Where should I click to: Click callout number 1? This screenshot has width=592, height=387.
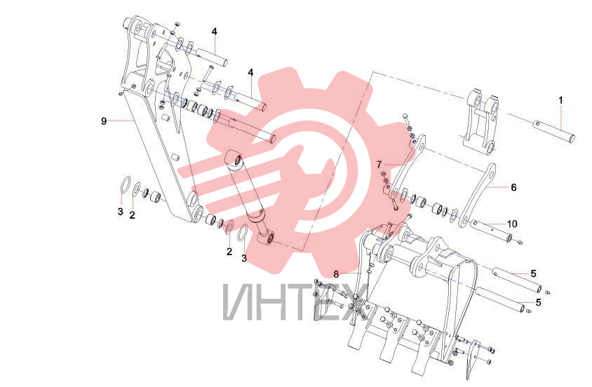click(560, 100)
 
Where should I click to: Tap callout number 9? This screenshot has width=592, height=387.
click(104, 121)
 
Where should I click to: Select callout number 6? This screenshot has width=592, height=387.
click(513, 187)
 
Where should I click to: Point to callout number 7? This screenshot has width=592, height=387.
click(379, 165)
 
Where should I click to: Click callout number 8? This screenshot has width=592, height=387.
click(336, 274)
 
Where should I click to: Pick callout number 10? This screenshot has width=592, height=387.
click(512, 224)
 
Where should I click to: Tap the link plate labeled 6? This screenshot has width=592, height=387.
click(477, 195)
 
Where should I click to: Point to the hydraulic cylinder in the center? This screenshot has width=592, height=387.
click(250, 197)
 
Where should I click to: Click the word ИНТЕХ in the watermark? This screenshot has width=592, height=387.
click(295, 301)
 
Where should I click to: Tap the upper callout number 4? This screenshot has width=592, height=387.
click(215, 32)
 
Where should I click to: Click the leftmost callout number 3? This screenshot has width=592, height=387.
click(121, 211)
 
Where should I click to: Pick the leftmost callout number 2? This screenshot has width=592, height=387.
click(132, 215)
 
